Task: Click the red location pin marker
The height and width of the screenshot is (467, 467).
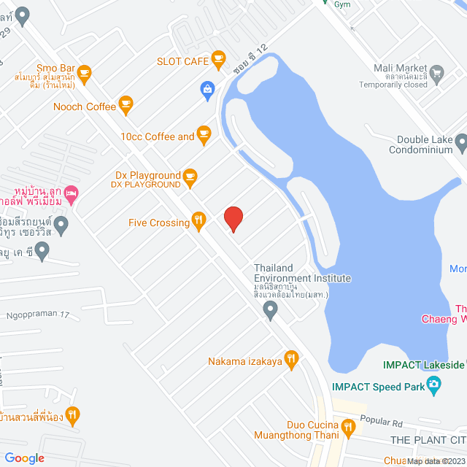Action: click(x=233, y=219)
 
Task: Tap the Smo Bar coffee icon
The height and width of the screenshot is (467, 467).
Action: click(x=84, y=72)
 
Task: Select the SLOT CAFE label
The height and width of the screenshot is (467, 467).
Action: click(x=182, y=61)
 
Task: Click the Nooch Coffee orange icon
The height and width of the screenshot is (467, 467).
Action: click(x=126, y=106)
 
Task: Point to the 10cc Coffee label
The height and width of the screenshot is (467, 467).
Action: click(x=158, y=136)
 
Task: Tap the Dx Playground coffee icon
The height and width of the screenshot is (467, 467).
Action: click(x=190, y=175)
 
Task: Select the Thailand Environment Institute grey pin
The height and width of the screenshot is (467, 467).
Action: click(x=271, y=312)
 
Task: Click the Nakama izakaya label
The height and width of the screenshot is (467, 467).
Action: click(x=244, y=360)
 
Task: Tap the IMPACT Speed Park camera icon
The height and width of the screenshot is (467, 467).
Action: click(x=434, y=385)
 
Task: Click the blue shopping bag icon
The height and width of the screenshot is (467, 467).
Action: click(x=208, y=89)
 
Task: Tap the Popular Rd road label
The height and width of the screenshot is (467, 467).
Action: click(x=381, y=422)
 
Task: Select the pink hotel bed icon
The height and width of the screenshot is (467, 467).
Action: click(x=71, y=193)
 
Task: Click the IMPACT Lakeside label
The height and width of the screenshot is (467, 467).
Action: click(x=423, y=365)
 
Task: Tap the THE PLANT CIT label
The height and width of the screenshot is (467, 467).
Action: click(x=428, y=440)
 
